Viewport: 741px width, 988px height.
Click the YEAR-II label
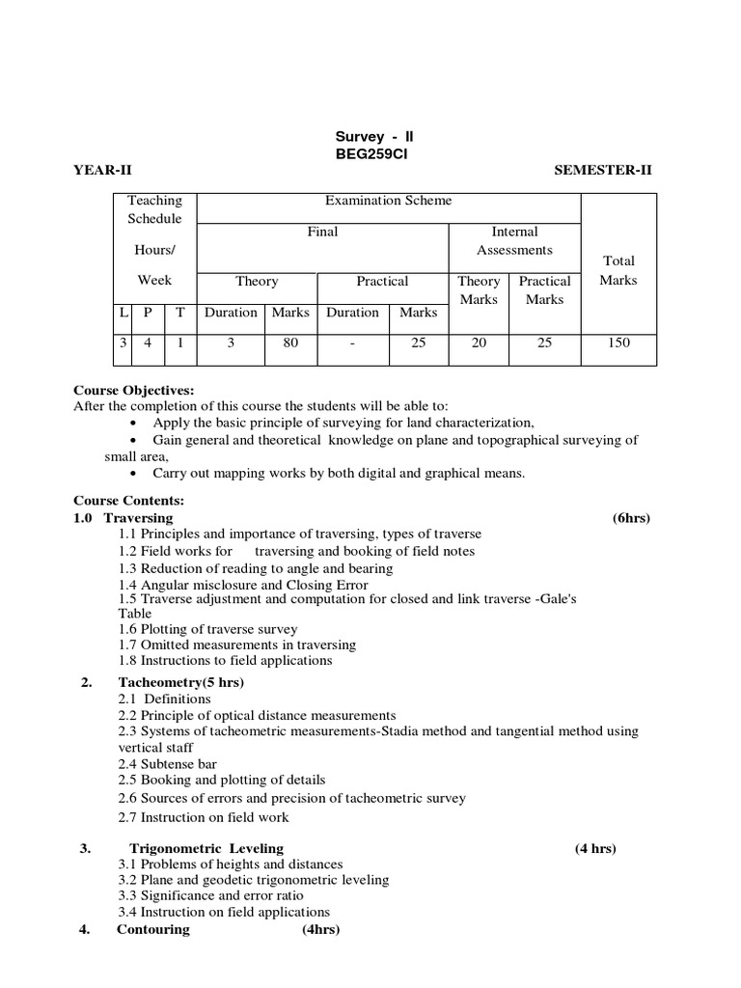pos(102,171)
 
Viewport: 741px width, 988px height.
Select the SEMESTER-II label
pos(603,171)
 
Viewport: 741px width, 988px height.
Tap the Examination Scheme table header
pos(389,201)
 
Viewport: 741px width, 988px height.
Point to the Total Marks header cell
pos(618,270)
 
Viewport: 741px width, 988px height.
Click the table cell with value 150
pos(618,343)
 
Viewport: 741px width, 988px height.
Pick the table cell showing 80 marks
pos(290,343)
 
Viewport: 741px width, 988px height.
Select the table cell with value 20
pos(479,343)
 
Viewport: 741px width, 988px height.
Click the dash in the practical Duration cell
pos(353,343)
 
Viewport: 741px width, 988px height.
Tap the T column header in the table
pos(180,313)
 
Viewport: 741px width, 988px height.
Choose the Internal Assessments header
pos(514,241)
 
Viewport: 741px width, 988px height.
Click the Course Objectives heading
pos(134,391)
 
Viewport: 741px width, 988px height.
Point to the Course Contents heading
pos(128,502)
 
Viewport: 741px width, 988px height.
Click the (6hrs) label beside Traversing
pos(631,518)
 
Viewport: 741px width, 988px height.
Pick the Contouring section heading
pos(153,930)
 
